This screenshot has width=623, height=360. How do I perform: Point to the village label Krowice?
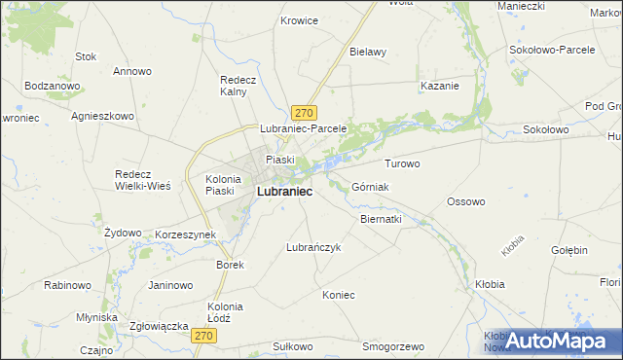pyautogui.click(x=299, y=19)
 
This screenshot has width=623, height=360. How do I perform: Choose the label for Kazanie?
pyautogui.click(x=439, y=86)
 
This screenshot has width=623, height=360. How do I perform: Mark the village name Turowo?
pyautogui.click(x=402, y=163)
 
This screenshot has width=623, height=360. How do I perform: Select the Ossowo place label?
pyautogui.click(x=465, y=201)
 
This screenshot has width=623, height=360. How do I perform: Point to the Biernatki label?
pyautogui.click(x=381, y=219)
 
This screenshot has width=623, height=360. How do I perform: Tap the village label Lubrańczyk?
pyautogui.click(x=312, y=247)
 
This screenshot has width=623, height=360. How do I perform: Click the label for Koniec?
pyautogui.click(x=339, y=295)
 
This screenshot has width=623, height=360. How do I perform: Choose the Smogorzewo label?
pyautogui.click(x=393, y=346)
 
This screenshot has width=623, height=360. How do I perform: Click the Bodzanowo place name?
pyautogui.click(x=53, y=86)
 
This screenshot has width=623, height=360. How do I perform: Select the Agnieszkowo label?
pyautogui.click(x=102, y=115)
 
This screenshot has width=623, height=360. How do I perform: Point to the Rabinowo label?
pyautogui.click(x=67, y=285)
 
